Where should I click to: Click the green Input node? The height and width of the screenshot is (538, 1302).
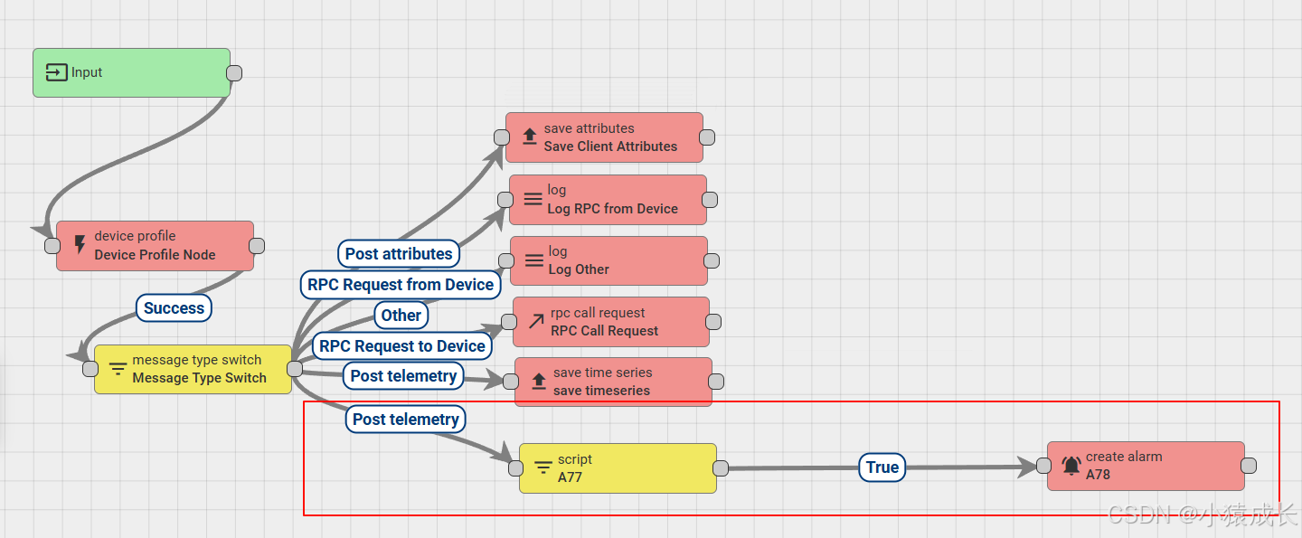point(132,72)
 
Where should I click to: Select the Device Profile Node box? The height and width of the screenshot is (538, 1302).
point(155,246)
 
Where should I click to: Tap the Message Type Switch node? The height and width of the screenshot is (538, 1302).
point(193,369)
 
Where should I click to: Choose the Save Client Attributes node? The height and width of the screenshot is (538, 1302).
point(604,137)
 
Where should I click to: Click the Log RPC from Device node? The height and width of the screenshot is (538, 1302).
point(608,200)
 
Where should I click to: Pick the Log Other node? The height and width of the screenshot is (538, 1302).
point(609,260)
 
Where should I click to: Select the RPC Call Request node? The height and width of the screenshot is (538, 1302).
point(611,322)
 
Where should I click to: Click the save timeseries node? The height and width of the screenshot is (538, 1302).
point(613,382)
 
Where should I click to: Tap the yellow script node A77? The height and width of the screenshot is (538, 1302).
point(618,467)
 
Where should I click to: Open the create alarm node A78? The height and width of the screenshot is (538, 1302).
point(1146,466)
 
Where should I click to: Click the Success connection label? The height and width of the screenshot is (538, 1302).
point(174,308)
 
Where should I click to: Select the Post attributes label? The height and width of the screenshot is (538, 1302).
point(399,254)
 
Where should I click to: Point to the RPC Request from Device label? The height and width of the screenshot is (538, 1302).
point(401,285)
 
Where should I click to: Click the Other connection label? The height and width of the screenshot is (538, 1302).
point(401,316)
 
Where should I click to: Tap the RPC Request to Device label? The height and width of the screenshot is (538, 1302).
point(402,346)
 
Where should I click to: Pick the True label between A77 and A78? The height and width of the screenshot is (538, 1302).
point(882,467)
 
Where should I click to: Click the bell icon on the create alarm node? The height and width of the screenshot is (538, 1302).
point(1071,467)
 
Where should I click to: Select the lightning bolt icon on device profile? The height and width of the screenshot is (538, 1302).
point(80,245)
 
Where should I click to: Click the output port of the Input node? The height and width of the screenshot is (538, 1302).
point(233,73)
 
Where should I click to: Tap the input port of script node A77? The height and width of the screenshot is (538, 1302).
point(515,468)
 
